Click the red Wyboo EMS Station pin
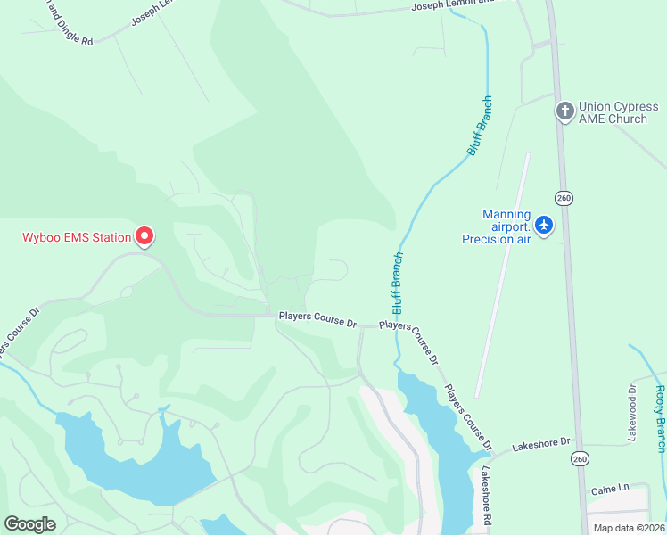pyautogui.click(x=144, y=236)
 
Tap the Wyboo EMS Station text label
pyautogui.click(x=76, y=237)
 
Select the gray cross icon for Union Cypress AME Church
pyautogui.click(x=564, y=111)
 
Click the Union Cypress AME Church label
pyautogui.click(x=618, y=112)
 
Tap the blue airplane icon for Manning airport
pyautogui.click(x=544, y=224)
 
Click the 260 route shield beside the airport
pyautogui.click(x=563, y=197)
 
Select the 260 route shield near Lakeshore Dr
pyautogui.click(x=581, y=458)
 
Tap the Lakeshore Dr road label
pyautogui.click(x=540, y=443)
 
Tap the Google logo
pyautogui.click(x=29, y=524)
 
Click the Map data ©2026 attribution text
pyautogui.click(x=629, y=528)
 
